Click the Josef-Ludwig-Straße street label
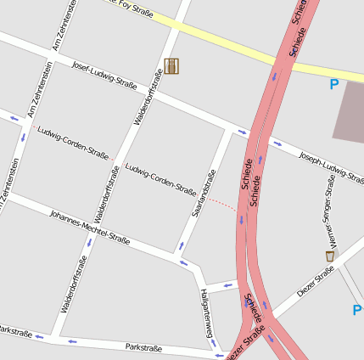[104, 76]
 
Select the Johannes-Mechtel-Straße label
[89, 227]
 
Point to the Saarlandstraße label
[204, 192]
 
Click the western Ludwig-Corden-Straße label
[73, 142]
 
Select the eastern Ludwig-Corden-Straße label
[160, 179]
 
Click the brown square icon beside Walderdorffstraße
[171, 65]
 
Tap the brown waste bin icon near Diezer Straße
[330, 256]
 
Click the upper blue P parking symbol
[333, 84]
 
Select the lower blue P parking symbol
[357, 311]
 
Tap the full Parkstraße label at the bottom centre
[143, 347]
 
